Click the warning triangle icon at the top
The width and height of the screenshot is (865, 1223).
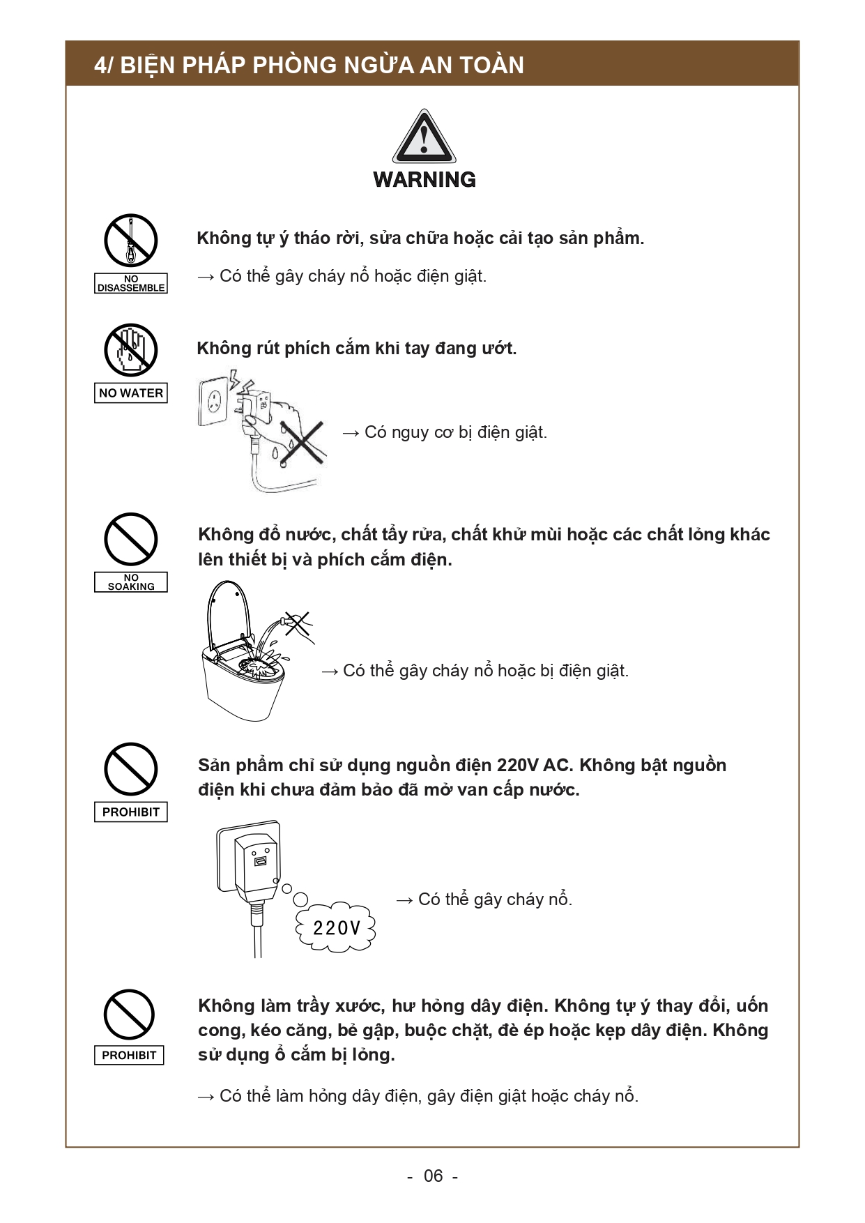coord(424,137)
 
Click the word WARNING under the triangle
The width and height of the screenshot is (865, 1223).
coord(424,180)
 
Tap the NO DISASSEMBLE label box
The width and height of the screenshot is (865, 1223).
coord(131,283)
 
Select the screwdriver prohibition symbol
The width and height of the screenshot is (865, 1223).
coord(131,241)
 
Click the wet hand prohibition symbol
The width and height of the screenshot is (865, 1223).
coord(131,350)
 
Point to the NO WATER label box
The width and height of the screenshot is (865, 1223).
coord(131,393)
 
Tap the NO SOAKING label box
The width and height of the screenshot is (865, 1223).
coord(131,582)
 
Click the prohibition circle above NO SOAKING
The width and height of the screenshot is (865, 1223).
coord(131,539)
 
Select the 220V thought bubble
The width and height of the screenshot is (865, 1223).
coord(337,928)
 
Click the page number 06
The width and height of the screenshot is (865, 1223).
coord(433,1176)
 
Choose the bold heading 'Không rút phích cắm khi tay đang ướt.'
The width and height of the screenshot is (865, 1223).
coord(357,348)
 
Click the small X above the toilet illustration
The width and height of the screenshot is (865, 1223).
coord(298,623)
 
